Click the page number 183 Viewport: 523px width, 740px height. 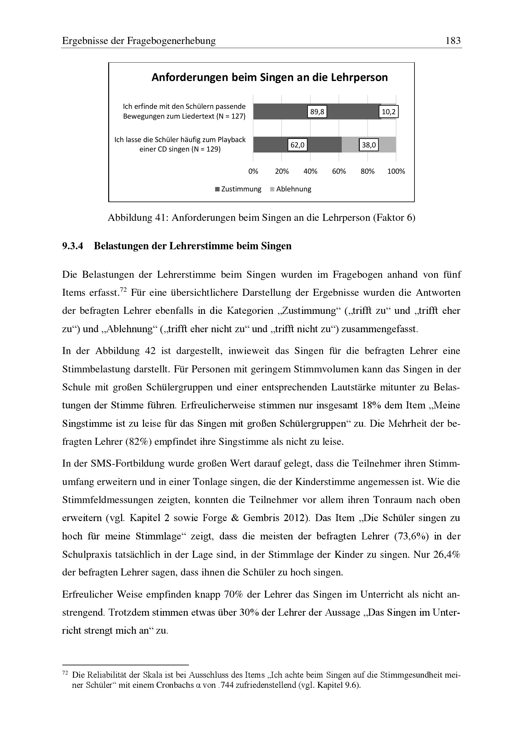click(453, 41)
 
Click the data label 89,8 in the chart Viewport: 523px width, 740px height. click(317, 112)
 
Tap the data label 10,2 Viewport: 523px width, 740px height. click(388, 112)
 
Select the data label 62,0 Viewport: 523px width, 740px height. click(297, 145)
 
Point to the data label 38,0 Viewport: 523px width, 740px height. click(369, 145)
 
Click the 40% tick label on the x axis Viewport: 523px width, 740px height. click(310, 171)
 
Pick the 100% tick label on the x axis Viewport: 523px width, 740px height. click(396, 171)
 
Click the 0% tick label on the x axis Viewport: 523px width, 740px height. click(253, 171)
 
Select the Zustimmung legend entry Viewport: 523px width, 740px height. click(238, 189)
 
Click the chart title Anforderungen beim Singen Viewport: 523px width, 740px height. click(269, 78)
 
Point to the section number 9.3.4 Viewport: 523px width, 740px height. click(72, 246)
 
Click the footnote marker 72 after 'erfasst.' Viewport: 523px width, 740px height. click(123, 290)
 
